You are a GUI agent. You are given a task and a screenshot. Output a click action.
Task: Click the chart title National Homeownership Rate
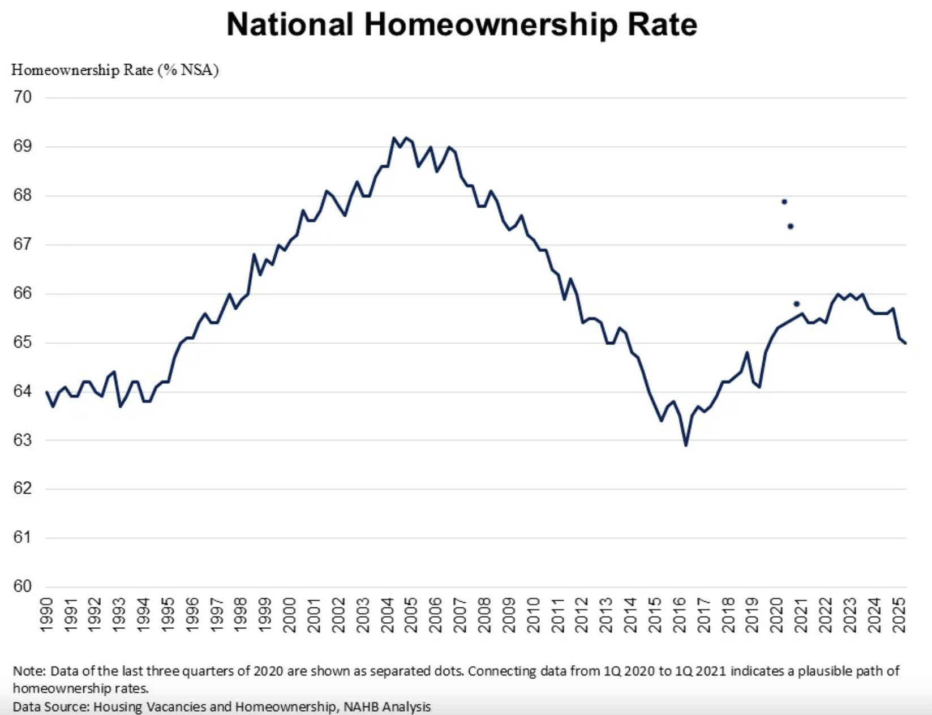pos(461,25)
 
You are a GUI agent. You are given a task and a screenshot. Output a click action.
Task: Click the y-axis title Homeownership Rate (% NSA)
pos(115,70)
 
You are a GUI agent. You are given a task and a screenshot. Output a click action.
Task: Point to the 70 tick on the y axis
pos(23,97)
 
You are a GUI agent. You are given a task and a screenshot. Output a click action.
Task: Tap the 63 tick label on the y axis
pos(23,440)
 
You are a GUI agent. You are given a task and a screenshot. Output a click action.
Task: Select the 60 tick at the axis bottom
pos(23,586)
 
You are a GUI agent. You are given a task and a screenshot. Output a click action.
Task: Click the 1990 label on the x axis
pos(46,615)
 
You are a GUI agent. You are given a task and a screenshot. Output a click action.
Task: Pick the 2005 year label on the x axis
pos(411,615)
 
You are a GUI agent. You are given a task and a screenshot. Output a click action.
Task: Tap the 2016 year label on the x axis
pos(679,615)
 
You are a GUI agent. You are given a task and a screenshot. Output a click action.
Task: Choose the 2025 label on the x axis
pos(898,615)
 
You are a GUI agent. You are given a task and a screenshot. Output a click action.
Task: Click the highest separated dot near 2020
pos(784,202)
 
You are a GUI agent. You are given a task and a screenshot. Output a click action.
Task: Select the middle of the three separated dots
pos(791,226)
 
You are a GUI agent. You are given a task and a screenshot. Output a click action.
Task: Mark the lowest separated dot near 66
pos(797,304)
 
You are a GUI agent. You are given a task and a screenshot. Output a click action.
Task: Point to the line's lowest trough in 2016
pos(686,445)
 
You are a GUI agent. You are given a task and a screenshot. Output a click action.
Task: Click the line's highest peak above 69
pos(394,138)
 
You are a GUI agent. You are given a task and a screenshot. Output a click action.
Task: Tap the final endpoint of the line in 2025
pos(905,343)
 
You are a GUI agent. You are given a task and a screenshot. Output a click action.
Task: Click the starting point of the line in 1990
pos(46,392)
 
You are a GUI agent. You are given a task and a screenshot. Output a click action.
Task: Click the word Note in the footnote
pos(28,671)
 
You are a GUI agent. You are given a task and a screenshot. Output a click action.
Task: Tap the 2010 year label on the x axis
pos(533,615)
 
